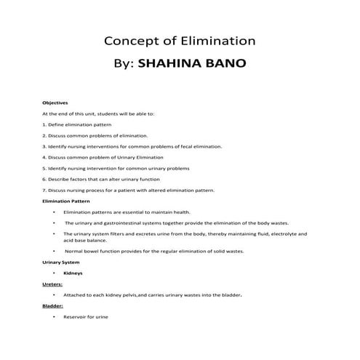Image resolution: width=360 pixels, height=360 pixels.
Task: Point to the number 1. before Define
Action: click(x=44, y=124)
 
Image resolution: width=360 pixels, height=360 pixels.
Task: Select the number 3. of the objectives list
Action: click(x=44, y=146)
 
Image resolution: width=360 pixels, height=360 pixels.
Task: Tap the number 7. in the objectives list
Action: click(x=44, y=189)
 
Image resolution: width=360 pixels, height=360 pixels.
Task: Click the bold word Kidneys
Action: click(x=73, y=273)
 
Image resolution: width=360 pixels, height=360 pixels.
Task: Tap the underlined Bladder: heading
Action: click(x=53, y=306)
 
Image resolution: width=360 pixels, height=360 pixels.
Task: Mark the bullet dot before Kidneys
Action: click(x=55, y=273)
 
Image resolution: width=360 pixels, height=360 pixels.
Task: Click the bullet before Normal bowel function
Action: click(x=55, y=251)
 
